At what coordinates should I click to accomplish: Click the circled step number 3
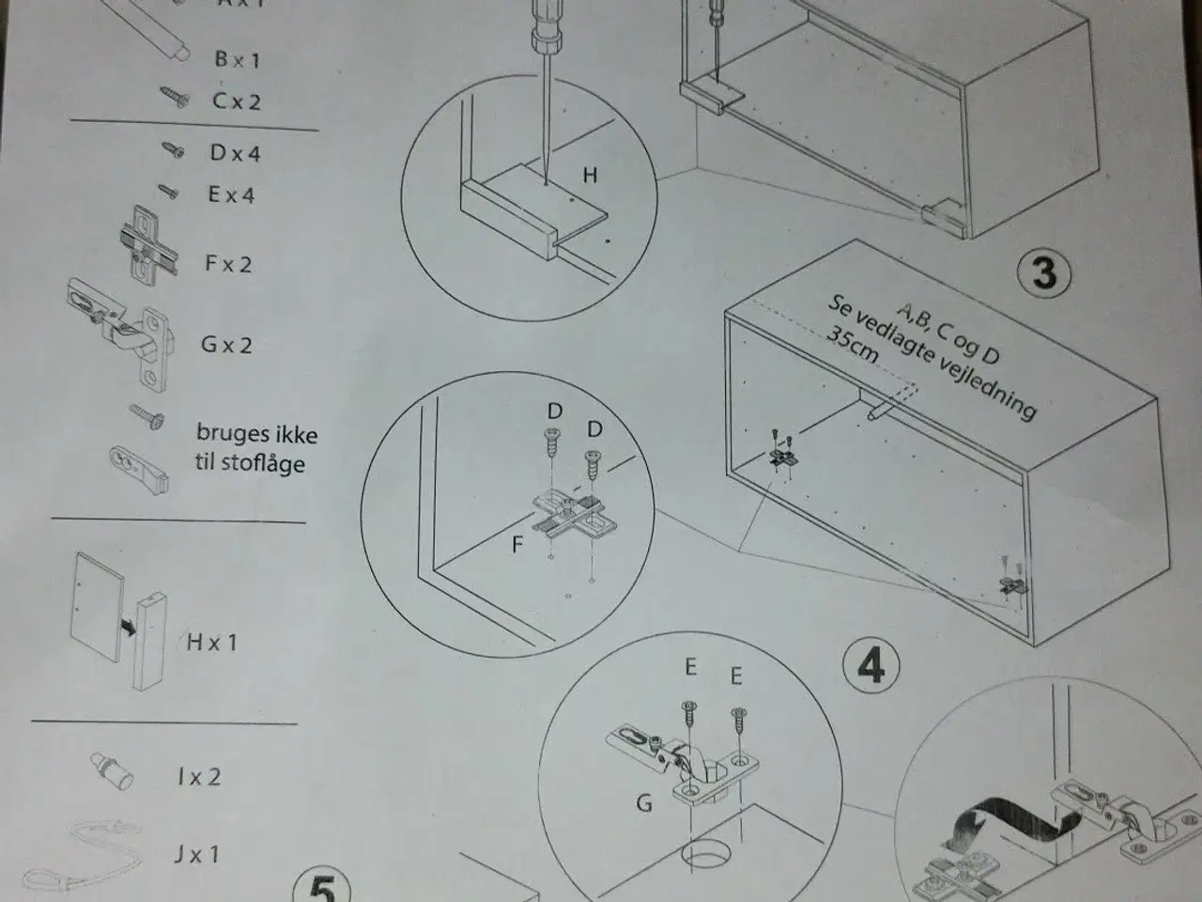pyautogui.click(x=1044, y=272)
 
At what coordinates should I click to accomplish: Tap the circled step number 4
pyautogui.click(x=871, y=665)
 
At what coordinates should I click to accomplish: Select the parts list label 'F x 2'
pyautogui.click(x=228, y=263)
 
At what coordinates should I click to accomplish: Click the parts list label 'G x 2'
pyautogui.click(x=226, y=345)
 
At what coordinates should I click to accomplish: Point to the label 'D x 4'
pyautogui.click(x=235, y=153)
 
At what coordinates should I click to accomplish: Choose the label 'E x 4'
pyautogui.click(x=231, y=194)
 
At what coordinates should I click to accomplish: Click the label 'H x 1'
pyautogui.click(x=212, y=643)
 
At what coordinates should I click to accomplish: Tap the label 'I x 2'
pyautogui.click(x=198, y=777)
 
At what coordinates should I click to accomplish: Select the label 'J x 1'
pyautogui.click(x=196, y=854)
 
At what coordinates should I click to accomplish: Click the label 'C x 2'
pyautogui.click(x=236, y=101)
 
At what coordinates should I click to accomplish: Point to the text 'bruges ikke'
pyautogui.click(x=256, y=434)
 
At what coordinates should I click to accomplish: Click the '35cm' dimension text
pyautogui.click(x=852, y=345)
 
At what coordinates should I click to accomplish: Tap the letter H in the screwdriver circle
pyautogui.click(x=590, y=175)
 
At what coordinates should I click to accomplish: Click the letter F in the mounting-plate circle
pyautogui.click(x=516, y=544)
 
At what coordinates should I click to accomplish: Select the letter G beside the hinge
pyautogui.click(x=644, y=804)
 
